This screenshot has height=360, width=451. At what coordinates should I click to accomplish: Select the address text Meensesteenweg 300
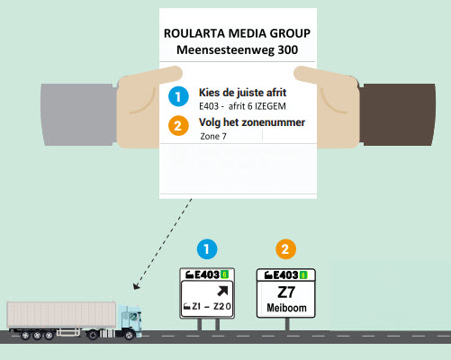[237, 49]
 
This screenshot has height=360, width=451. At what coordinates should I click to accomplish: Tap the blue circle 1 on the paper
[178, 96]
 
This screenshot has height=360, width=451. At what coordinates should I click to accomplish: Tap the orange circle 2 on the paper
[178, 126]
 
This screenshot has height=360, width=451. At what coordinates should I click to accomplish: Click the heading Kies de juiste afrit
[242, 93]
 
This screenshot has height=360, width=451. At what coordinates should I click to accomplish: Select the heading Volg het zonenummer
[252, 122]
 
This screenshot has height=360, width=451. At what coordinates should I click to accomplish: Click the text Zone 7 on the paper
[213, 137]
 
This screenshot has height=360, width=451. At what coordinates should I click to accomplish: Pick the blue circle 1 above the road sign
[207, 249]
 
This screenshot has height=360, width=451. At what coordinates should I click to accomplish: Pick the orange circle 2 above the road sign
[285, 249]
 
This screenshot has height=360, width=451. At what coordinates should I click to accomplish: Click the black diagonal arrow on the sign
[222, 291]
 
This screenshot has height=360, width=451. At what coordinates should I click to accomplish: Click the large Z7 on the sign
[286, 292]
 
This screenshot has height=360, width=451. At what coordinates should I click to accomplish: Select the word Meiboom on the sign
[286, 308]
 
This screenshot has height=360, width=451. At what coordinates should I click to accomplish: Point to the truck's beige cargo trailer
[61, 314]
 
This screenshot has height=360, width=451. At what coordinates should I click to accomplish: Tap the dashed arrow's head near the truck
[136, 286]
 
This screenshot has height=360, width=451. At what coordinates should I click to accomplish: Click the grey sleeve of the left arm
[78, 114]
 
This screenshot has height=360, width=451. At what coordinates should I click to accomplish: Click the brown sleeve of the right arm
[397, 114]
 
